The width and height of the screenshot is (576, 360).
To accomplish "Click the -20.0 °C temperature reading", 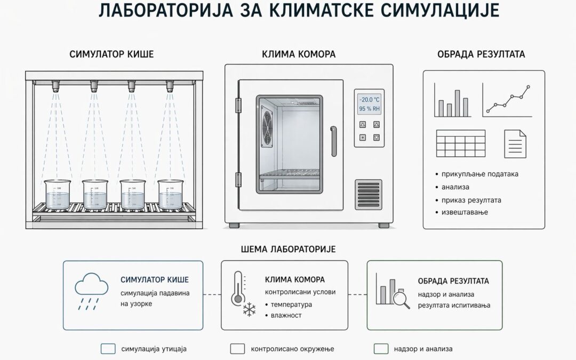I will click(370, 100).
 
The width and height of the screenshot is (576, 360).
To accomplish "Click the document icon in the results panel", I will click(515, 144).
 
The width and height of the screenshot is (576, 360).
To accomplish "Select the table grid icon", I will click(461, 143).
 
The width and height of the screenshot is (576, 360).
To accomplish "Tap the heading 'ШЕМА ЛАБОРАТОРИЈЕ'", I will click(288, 249).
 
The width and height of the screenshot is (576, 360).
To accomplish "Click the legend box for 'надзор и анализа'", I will click(381, 349).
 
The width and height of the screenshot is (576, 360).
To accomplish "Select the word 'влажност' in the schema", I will click(286, 315).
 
